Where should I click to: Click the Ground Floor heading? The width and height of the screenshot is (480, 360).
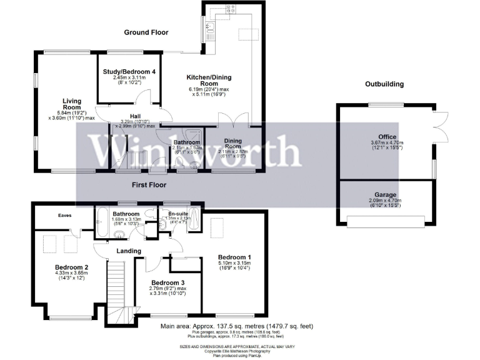[146, 32]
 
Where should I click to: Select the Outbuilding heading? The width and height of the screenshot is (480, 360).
[384, 84]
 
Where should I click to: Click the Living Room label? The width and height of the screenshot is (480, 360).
[71, 104]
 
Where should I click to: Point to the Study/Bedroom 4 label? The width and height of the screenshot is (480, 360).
[129, 72]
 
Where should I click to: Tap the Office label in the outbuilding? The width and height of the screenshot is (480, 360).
[387, 136]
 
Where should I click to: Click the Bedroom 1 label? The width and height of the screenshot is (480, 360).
[235, 257]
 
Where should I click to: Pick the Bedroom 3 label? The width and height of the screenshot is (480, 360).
[168, 282]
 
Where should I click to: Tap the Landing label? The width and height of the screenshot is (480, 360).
[129, 251]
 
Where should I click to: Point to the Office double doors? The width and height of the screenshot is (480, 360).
[439, 125]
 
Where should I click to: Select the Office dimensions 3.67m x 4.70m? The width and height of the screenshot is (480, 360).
[387, 143]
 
